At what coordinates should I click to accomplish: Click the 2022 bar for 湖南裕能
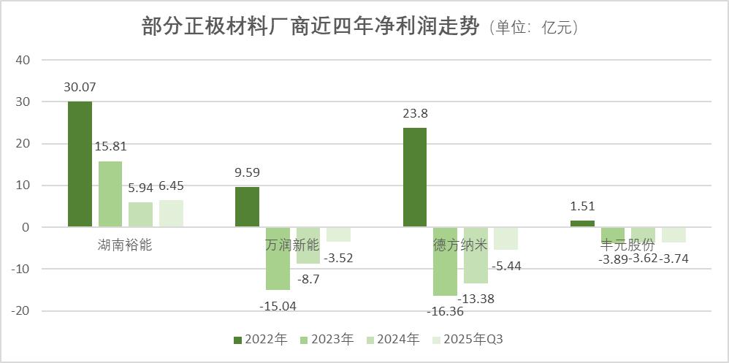point(80,164)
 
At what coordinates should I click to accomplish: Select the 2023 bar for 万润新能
point(278,259)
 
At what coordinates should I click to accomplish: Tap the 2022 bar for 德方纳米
point(415,177)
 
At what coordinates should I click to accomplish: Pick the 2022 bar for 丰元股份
point(582,223)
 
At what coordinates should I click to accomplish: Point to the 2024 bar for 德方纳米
point(476,255)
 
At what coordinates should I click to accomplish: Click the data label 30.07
point(80,87)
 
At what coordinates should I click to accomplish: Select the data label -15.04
point(278,306)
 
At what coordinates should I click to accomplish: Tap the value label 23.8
point(415,114)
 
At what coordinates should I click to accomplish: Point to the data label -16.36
point(446,311)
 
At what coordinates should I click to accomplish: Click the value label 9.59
point(247,173)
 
